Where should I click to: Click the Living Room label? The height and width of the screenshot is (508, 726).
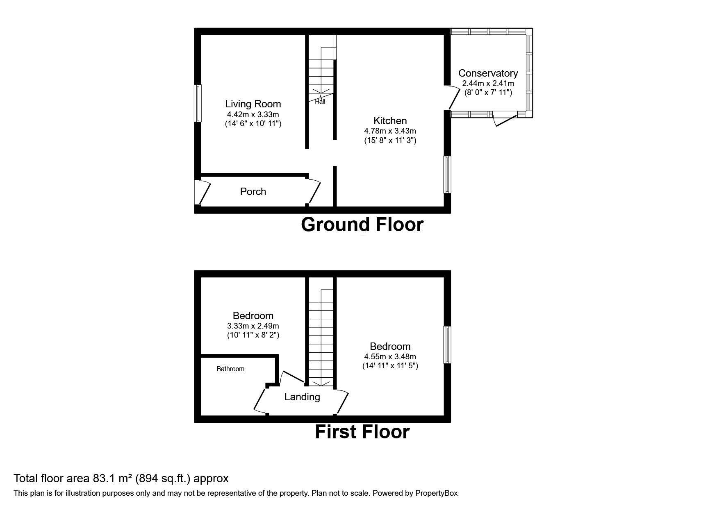(253, 104)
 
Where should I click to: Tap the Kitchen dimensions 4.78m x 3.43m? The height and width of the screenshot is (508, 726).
(390, 131)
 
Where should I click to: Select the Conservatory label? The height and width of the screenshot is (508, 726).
(488, 73)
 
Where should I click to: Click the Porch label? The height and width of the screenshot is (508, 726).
(253, 192)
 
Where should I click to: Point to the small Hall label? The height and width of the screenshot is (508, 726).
(320, 102)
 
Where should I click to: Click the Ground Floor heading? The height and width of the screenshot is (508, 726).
(362, 225)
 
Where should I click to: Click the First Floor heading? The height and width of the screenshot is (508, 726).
(362, 432)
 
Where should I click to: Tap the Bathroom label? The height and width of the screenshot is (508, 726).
(230, 369)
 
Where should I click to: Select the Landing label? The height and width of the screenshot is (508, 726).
(302, 397)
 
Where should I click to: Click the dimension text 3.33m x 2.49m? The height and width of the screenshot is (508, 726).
(253, 326)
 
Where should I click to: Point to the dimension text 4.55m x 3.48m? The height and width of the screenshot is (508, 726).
(390, 357)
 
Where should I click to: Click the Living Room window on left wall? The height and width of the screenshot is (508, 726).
(198, 103)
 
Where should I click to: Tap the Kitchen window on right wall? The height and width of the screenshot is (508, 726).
(447, 175)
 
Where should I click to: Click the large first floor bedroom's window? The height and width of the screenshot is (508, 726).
(447, 345)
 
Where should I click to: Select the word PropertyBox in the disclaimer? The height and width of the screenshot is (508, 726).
(435, 493)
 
